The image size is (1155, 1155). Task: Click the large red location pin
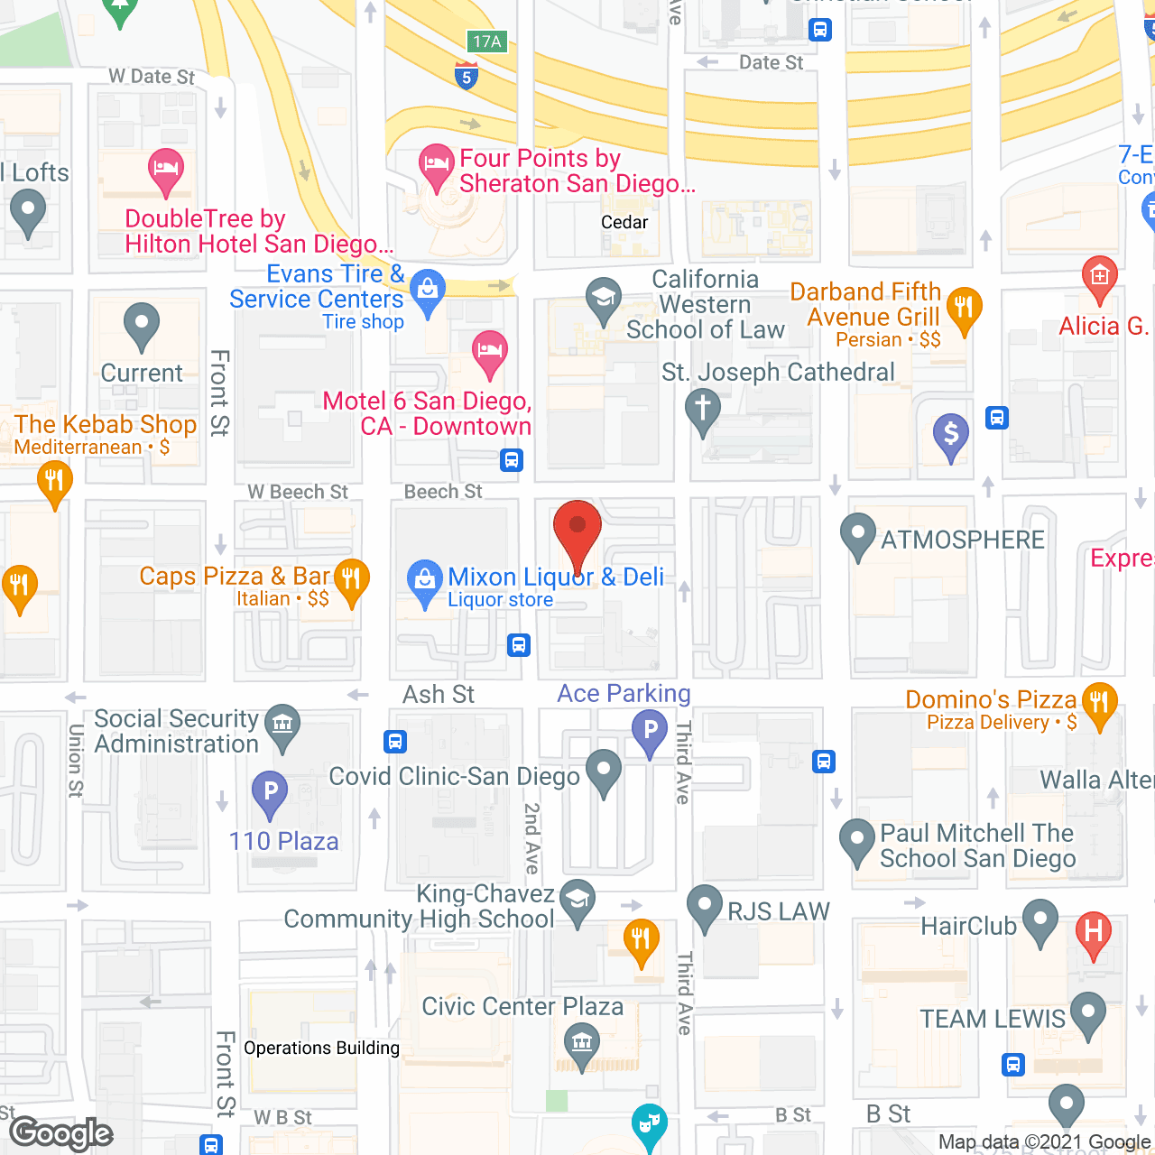click(x=577, y=529)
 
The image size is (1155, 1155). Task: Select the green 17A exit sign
click(x=487, y=42)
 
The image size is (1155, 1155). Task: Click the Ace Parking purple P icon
click(x=650, y=730)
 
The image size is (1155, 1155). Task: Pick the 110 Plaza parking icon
click(x=270, y=792)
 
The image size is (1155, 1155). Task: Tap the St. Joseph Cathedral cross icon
click(x=703, y=408)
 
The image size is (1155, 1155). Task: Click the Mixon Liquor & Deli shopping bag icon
click(x=423, y=579)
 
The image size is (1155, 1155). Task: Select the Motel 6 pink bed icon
click(x=490, y=350)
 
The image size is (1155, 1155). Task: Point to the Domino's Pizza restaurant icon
click(x=1099, y=701)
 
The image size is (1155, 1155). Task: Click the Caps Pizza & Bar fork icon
click(x=351, y=578)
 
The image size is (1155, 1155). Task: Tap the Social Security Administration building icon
click(x=282, y=725)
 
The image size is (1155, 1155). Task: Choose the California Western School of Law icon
click(x=603, y=298)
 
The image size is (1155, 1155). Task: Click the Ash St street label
click(x=439, y=695)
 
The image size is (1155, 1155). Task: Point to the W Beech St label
click(x=298, y=492)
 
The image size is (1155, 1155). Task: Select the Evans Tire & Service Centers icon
click(x=428, y=290)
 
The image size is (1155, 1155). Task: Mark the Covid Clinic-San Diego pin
click(x=604, y=770)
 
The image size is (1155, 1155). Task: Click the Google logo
click(x=61, y=1133)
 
